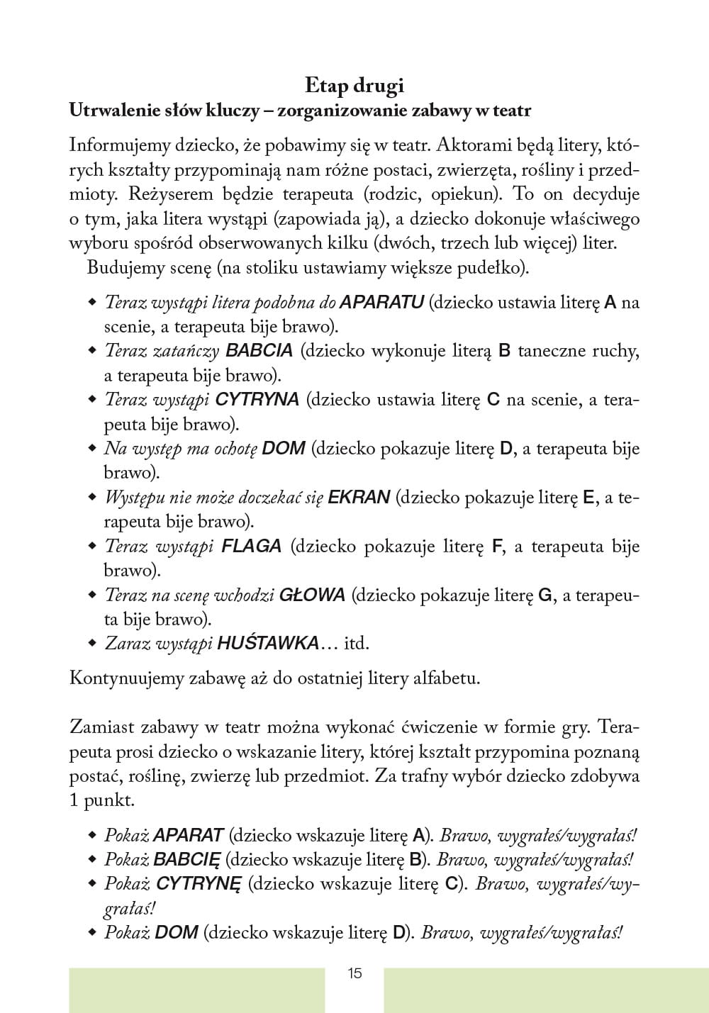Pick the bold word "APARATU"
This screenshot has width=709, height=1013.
coord(382,303)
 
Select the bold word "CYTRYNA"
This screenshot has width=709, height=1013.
coord(257,400)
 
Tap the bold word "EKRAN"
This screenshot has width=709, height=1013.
coord(359,498)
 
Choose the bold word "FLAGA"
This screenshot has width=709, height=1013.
coord(252,547)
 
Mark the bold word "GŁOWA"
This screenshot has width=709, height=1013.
coord(312,595)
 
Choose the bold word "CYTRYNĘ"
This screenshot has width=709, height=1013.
coord(199,884)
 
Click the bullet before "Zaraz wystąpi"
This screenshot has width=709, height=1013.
coord(91,643)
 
